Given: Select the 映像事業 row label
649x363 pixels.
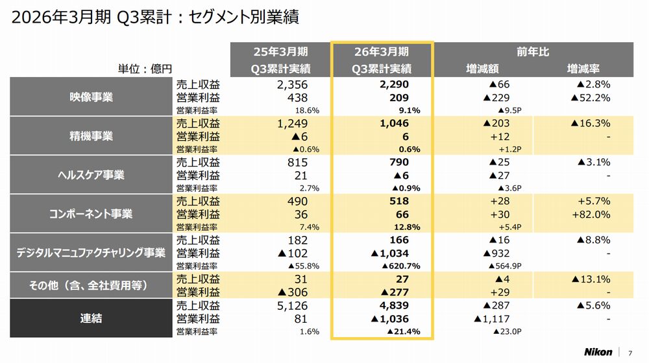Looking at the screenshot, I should tap(92, 97).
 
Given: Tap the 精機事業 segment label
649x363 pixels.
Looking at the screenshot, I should tap(92, 136).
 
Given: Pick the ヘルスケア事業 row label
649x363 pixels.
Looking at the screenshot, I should tap(92, 175).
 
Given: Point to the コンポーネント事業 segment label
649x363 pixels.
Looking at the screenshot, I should tap(92, 214).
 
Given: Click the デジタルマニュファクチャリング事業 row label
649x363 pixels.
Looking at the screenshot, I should tap(92, 253).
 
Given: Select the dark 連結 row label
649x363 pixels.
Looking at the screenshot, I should tap(92, 318).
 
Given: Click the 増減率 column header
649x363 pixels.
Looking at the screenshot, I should tap(583, 68).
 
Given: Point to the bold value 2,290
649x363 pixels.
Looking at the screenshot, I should tap(395, 85).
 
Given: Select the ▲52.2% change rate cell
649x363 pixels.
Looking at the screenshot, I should tap(591, 98).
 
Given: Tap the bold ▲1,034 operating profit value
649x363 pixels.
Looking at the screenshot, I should tap(391, 253).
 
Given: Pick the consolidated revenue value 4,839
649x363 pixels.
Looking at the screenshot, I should tap(395, 305).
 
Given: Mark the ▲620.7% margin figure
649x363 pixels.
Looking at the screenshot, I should tap(398, 266).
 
